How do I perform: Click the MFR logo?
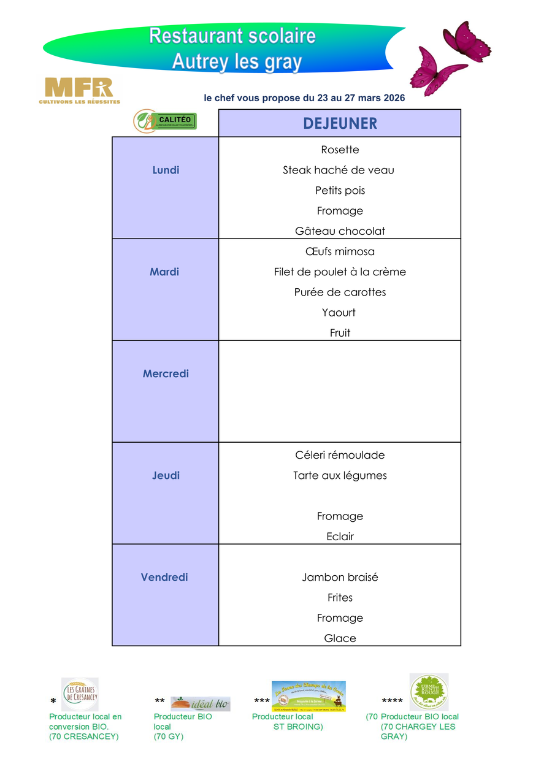click(79, 90)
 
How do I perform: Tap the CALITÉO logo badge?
click(165, 120)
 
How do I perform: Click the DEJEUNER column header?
click(340, 123)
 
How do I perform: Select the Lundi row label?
click(166, 170)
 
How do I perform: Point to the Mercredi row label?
click(166, 373)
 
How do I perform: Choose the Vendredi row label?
click(164, 577)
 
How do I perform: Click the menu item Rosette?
click(340, 150)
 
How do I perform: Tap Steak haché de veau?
click(339, 170)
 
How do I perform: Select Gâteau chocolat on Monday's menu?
click(340, 231)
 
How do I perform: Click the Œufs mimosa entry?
click(340, 251)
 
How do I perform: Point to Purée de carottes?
click(340, 292)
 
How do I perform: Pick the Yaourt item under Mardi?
click(339, 313)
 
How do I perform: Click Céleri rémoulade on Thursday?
click(340, 455)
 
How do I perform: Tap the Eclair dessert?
click(340, 537)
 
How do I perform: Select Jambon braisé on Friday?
click(340, 577)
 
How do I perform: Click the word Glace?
click(340, 638)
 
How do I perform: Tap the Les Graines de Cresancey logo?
click(80, 694)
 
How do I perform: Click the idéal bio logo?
click(200, 704)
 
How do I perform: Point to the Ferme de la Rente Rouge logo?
click(429, 692)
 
